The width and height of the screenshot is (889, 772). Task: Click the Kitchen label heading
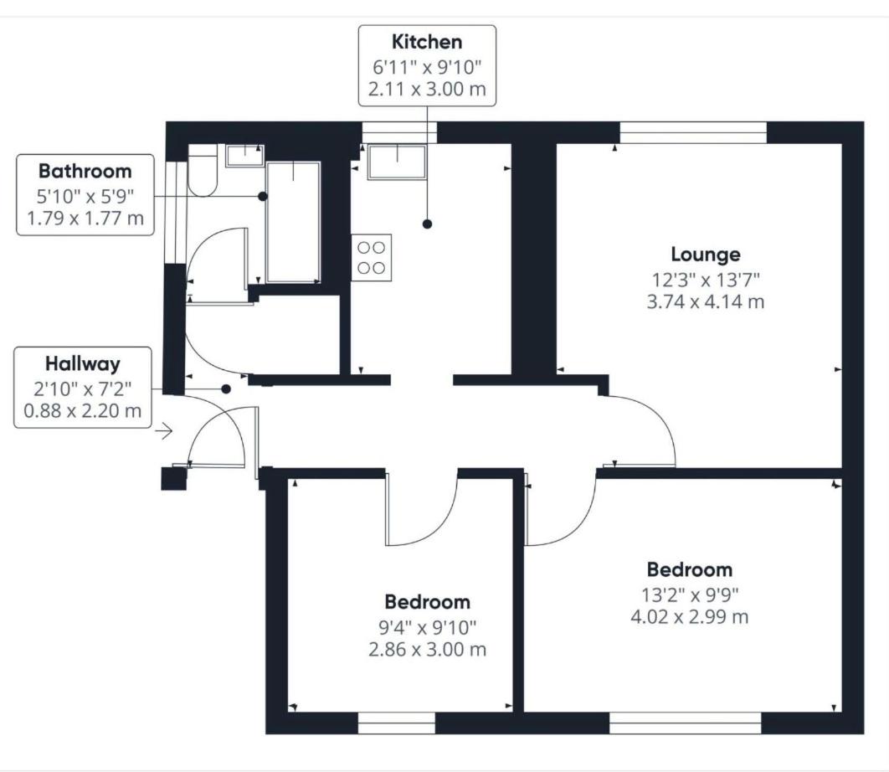pyautogui.click(x=427, y=42)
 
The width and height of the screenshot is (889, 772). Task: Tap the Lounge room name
pyautogui.click(x=706, y=255)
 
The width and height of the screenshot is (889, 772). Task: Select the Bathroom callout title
pyautogui.click(x=85, y=172)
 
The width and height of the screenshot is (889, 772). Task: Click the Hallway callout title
pyautogui.click(x=83, y=363)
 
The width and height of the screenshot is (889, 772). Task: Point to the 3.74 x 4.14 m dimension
pyautogui.click(x=706, y=301)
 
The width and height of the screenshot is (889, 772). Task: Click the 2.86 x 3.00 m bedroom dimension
pyautogui.click(x=427, y=650)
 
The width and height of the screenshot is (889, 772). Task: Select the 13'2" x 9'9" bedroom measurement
pyautogui.click(x=690, y=595)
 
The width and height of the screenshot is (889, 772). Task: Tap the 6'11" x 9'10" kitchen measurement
pyautogui.click(x=427, y=68)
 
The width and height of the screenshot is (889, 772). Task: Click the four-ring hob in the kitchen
pyautogui.click(x=372, y=258)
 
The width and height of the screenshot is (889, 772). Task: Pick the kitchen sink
pyautogui.click(x=397, y=162)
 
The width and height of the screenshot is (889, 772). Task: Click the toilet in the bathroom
pyautogui.click(x=203, y=170)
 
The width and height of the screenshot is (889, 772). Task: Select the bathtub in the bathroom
pyautogui.click(x=293, y=222)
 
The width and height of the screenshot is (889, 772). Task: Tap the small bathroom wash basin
pyautogui.click(x=245, y=156)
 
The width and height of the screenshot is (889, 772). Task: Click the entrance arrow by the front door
pyautogui.click(x=164, y=432)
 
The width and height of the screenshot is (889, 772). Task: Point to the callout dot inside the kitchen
pyautogui.click(x=428, y=224)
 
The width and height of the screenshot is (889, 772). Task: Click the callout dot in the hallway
pyautogui.click(x=226, y=389)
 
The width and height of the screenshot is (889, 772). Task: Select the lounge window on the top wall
pyautogui.click(x=693, y=133)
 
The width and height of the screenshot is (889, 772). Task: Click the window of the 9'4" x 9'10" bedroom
pyautogui.click(x=397, y=723)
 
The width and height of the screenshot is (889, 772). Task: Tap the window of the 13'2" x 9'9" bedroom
pyautogui.click(x=686, y=723)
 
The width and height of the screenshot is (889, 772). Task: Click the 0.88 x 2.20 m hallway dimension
pyautogui.click(x=83, y=411)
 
